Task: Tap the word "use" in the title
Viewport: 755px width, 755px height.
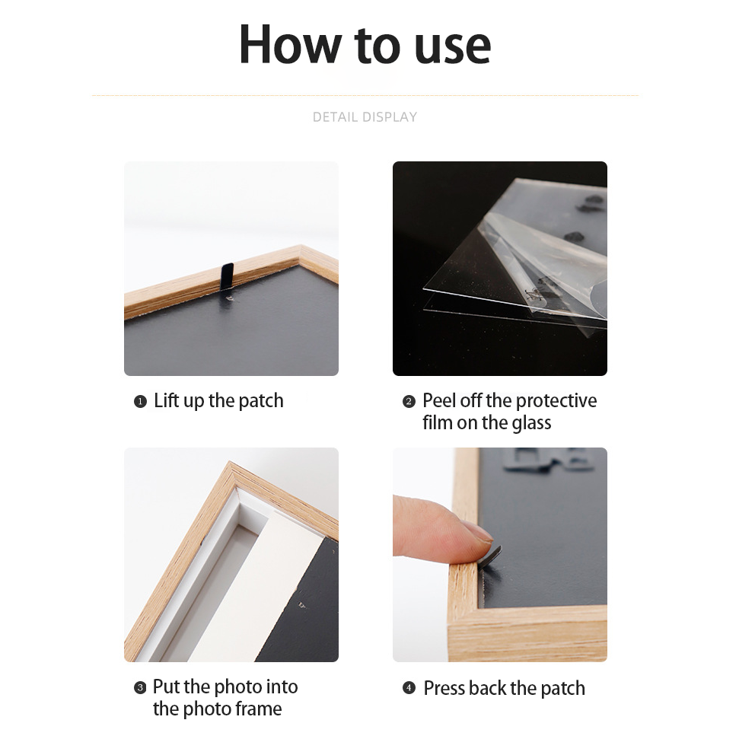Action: (452, 45)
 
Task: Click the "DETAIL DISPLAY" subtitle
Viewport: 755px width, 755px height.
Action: (365, 117)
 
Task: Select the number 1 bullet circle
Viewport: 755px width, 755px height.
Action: (140, 402)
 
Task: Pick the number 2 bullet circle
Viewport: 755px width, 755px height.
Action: (409, 402)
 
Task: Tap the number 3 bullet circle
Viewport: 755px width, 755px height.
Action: (140, 688)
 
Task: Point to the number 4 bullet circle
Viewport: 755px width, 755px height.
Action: (409, 688)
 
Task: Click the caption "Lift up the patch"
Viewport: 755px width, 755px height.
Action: (218, 401)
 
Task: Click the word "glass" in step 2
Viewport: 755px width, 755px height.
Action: (531, 423)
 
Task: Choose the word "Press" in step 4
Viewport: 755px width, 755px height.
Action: (444, 688)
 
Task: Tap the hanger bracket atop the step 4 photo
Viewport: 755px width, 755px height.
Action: (553, 458)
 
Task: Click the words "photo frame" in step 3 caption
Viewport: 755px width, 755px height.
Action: (217, 709)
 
